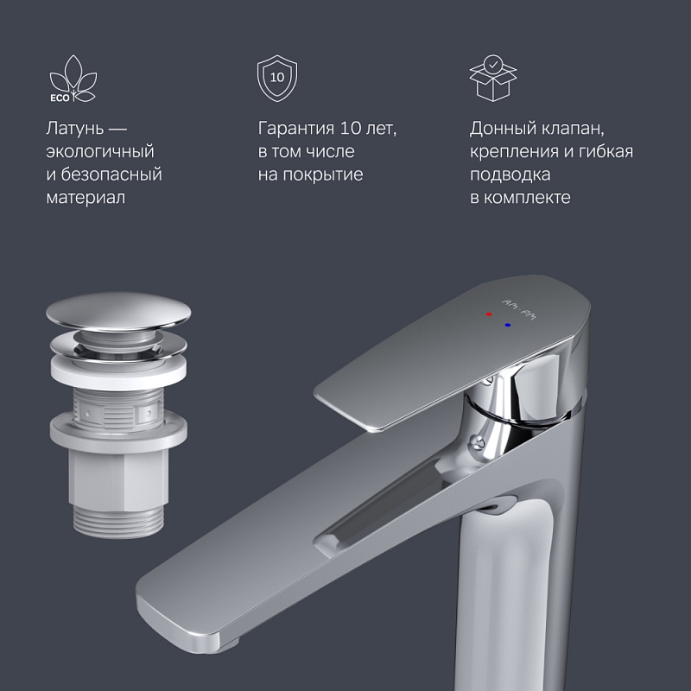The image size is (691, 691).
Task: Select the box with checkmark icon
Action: [491, 79]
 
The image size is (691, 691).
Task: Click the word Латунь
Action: [76, 129]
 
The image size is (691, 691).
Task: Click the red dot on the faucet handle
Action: [489, 316]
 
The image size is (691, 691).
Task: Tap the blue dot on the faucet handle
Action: [507, 326]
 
